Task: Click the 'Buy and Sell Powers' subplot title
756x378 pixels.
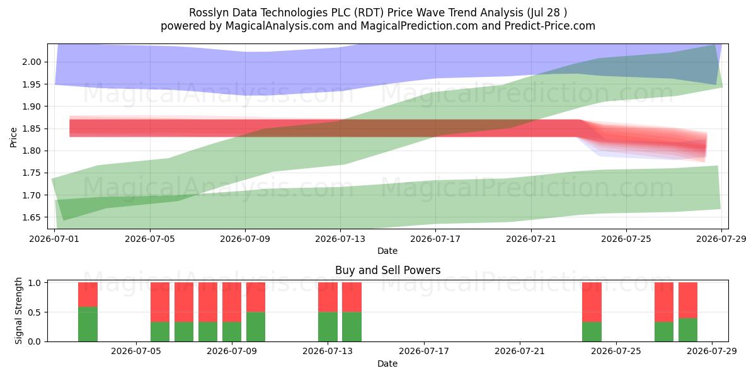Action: pyautogui.click(x=387, y=270)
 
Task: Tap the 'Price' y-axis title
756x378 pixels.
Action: pyautogui.click(x=13, y=137)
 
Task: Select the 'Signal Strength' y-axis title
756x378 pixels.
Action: pyautogui.click(x=18, y=311)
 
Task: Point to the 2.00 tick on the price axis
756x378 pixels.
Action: pyautogui.click(x=31, y=62)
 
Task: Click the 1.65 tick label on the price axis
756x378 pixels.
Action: pyautogui.click(x=31, y=218)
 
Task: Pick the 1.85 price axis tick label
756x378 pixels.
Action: pyautogui.click(x=31, y=129)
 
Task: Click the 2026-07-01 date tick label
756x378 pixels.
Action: pyautogui.click(x=54, y=239)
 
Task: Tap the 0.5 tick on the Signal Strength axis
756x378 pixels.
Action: pyautogui.click(x=35, y=312)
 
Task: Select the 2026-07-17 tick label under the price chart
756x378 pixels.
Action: pyautogui.click(x=435, y=239)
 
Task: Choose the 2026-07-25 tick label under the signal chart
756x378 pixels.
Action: pyautogui.click(x=616, y=351)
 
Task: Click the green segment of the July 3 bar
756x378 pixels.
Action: pyautogui.click(x=88, y=324)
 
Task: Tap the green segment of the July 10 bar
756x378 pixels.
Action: pyautogui.click(x=256, y=327)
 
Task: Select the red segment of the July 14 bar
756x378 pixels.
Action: pyautogui.click(x=352, y=297)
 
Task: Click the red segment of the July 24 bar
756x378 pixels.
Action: pyautogui.click(x=592, y=302)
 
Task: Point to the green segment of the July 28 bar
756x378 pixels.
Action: pyautogui.click(x=688, y=329)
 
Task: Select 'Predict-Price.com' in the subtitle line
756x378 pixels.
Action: pyautogui.click(x=550, y=26)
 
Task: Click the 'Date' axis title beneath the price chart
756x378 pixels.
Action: pyautogui.click(x=387, y=251)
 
